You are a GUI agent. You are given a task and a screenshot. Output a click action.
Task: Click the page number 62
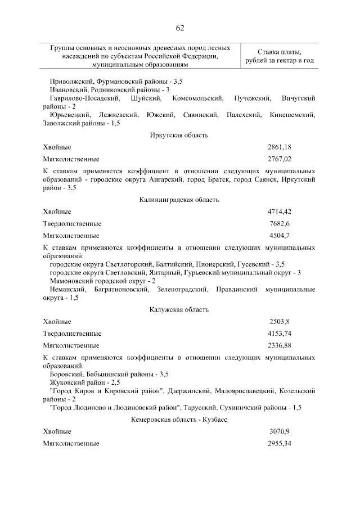click(180, 28)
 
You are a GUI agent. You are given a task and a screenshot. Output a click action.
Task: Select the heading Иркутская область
click(179, 135)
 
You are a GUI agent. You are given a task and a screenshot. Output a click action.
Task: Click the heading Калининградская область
click(179, 200)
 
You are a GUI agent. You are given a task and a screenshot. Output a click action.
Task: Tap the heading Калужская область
click(179, 309)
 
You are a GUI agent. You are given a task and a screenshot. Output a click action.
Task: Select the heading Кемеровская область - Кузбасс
click(179, 420)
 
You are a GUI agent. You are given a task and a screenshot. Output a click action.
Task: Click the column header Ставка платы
click(280, 52)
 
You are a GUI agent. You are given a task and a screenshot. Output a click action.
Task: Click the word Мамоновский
click(70, 280)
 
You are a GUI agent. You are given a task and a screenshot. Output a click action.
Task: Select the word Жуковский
click(67, 382)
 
